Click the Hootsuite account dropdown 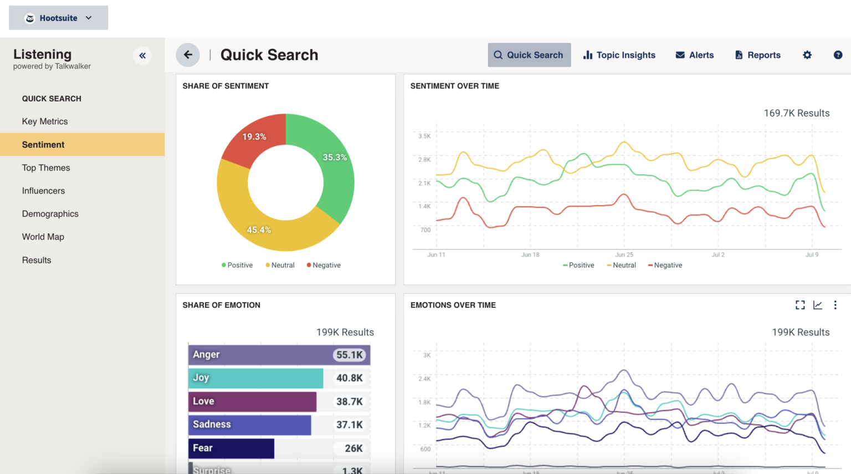(x=58, y=18)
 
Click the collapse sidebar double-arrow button (x=142, y=55)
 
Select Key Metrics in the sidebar (x=45, y=121)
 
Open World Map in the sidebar (x=43, y=237)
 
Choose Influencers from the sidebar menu (x=43, y=191)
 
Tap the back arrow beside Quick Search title (x=188, y=55)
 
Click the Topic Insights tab (x=619, y=55)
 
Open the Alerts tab (x=695, y=55)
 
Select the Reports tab (x=757, y=55)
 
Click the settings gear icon (x=807, y=55)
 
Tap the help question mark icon (x=838, y=55)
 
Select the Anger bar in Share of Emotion (x=260, y=355)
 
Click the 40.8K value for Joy (x=349, y=378)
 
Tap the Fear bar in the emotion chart (x=231, y=448)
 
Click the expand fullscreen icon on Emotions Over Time (x=800, y=305)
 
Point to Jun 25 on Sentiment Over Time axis (x=624, y=254)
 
